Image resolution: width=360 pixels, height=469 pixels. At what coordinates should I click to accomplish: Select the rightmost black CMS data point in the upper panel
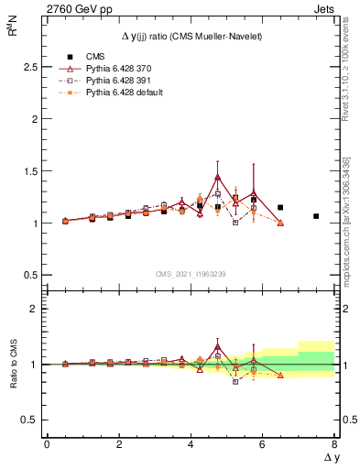[316, 216]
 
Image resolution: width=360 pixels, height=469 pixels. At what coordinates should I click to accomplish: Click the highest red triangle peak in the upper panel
[217, 177]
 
